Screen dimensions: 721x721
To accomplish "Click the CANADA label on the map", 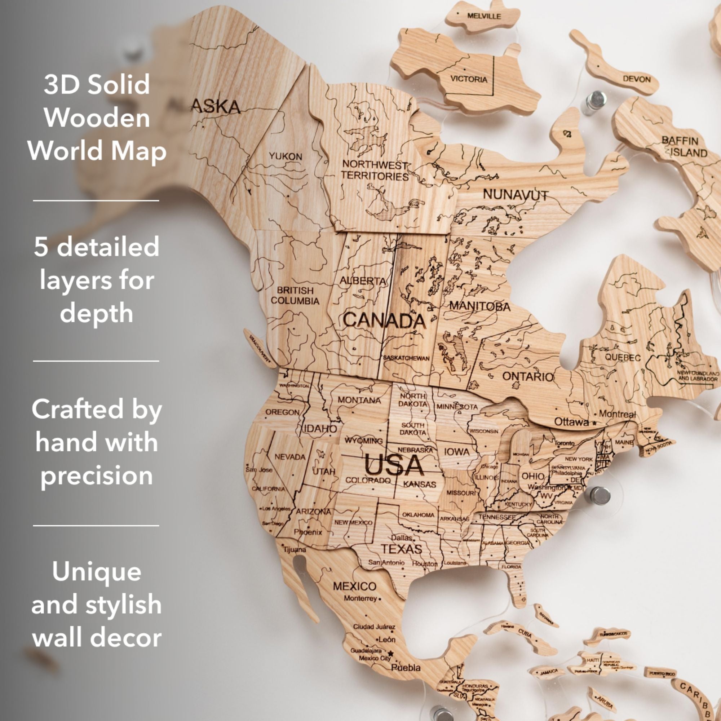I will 384,320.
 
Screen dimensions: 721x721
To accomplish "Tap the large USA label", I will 394,466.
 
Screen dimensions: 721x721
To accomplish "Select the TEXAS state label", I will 401,549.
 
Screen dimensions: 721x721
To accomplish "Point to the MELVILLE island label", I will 484,16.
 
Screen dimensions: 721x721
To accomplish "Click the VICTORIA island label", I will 469,79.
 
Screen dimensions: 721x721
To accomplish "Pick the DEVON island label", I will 637,79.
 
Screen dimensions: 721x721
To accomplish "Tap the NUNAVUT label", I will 516,194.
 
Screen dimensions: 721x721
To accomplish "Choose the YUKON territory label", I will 286,156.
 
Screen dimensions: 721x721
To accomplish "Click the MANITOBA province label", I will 479,306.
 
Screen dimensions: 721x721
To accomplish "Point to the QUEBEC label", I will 623,357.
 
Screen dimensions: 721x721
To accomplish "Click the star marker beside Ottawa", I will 594,423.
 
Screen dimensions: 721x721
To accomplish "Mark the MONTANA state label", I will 359,400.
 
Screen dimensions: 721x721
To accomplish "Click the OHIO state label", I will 532,476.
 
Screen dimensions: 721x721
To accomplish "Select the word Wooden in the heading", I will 97,118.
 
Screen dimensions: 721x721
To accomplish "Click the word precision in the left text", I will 97,475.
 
